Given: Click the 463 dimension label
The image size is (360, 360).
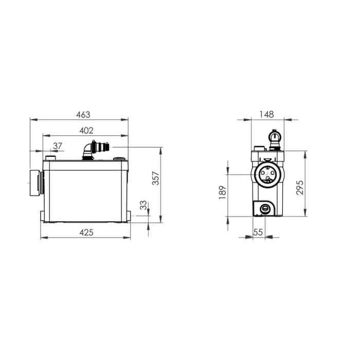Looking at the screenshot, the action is point(83,115).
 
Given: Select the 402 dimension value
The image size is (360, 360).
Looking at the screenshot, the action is point(86,131).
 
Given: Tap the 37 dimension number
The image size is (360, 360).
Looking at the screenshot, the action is point(58,146).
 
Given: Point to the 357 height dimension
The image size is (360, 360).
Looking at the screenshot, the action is point(156,178).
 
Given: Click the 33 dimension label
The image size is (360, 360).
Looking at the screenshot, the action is point(143,205).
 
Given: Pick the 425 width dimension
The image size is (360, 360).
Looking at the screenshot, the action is point(86,232).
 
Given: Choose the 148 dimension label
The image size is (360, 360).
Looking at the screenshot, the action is point(266,114).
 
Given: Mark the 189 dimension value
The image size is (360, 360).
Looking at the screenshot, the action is point(223,192).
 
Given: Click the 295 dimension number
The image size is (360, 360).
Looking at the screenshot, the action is point(300,188).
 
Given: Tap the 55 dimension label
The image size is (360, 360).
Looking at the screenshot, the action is point(258,232).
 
